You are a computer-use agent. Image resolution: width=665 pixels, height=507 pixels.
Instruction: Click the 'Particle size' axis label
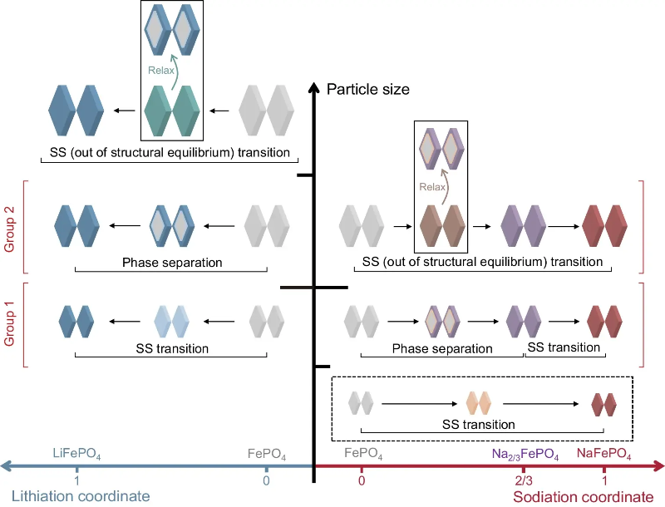[368, 89]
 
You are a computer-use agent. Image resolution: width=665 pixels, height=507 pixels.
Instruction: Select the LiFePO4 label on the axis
[76, 454]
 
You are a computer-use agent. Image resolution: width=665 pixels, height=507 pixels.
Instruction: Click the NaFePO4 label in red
[603, 455]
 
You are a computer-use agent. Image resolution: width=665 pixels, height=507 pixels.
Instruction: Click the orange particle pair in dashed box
[480, 404]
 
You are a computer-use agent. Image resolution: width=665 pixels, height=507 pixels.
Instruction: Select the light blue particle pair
[173, 318]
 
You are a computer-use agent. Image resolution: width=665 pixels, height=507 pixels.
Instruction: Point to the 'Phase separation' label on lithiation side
[172, 263]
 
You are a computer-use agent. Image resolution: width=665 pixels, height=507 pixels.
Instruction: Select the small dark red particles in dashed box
[603, 404]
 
